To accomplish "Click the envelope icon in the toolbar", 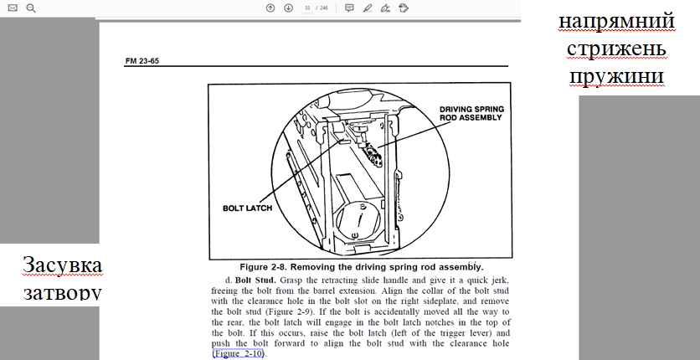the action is [x=13, y=8].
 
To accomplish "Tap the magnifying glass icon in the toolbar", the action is [x=31, y=8].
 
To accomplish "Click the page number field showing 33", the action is [x=307, y=8].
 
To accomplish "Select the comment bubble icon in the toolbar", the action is [x=349, y=8].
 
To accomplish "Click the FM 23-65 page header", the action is [x=142, y=61].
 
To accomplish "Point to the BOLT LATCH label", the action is [x=247, y=208].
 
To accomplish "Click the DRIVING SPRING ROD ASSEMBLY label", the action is [x=471, y=113].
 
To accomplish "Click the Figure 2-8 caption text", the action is [x=362, y=267].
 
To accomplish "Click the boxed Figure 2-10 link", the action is [x=239, y=354].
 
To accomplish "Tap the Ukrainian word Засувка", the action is [x=63, y=265].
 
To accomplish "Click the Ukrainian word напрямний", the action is [x=616, y=21].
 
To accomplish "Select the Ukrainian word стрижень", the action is [x=616, y=49].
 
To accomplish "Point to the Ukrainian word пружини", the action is [x=616, y=77].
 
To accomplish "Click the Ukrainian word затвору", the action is [x=62, y=293].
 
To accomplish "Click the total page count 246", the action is [x=324, y=8].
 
